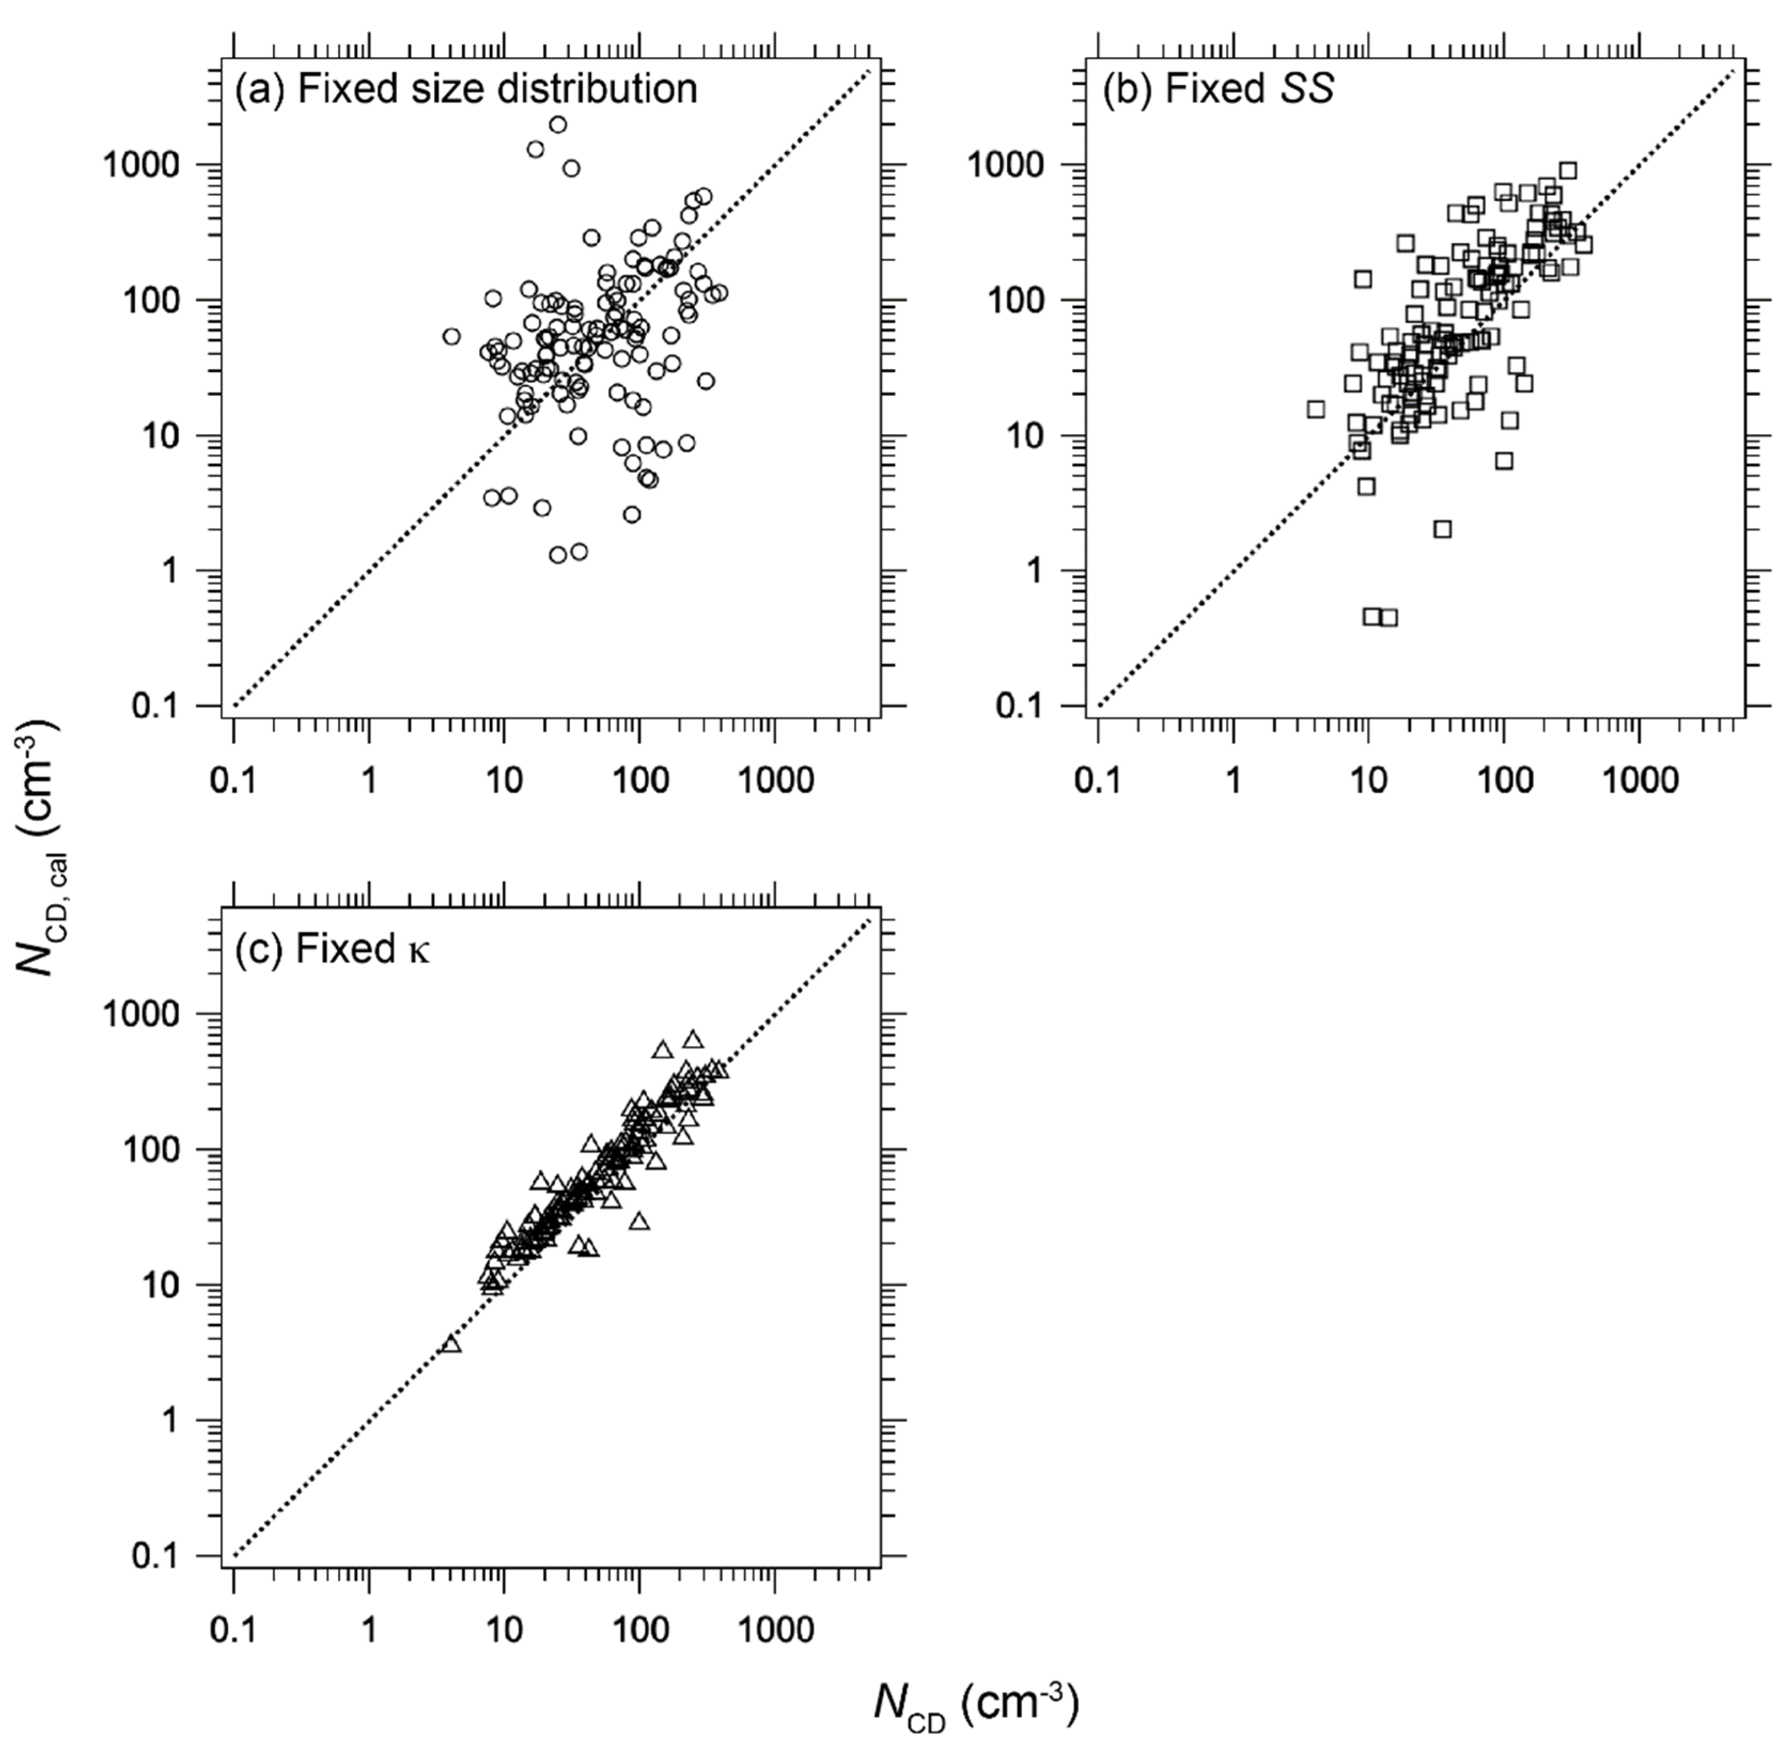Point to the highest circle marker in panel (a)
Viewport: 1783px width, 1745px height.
point(557,124)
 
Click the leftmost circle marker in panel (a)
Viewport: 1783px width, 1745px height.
point(451,336)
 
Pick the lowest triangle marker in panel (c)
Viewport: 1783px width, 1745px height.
point(451,1345)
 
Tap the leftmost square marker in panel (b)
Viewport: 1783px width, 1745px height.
point(1316,409)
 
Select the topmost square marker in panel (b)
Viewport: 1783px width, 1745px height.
point(1568,170)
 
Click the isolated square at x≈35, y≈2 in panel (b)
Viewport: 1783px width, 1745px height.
point(1442,529)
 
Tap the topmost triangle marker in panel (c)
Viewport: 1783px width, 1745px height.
point(693,1039)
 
